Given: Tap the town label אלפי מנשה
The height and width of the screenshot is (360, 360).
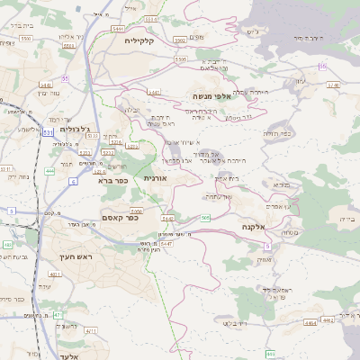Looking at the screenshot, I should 213,95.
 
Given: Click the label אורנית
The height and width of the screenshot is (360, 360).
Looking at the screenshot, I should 157,178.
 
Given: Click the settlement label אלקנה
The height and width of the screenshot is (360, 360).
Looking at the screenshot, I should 254,227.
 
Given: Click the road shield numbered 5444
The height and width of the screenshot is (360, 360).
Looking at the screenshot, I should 118,29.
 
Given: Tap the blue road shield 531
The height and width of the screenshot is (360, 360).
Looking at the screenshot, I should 47,132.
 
